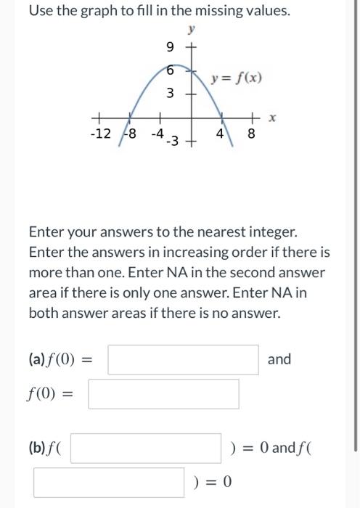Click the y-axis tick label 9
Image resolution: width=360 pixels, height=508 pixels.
point(170,48)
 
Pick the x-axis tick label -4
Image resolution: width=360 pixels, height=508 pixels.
point(157,134)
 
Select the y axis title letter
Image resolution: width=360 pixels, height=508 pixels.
point(192,30)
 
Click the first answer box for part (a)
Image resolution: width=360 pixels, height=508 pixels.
point(183,359)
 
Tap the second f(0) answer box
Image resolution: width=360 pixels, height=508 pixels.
point(163,395)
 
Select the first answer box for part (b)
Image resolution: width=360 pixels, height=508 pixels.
point(145,448)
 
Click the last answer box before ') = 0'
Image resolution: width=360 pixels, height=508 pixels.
point(108,483)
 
